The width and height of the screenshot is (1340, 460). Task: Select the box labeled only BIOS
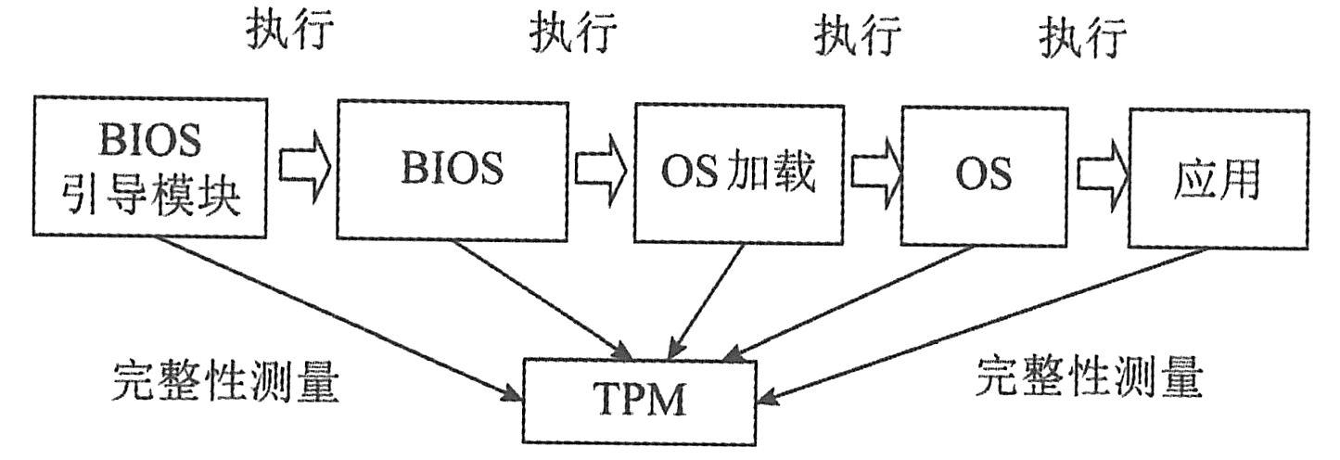point(452,168)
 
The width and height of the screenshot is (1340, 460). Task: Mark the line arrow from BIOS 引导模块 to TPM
point(334,316)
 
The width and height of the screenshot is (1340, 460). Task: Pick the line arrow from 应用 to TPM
point(964,326)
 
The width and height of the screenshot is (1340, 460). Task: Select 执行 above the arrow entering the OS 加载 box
point(573,34)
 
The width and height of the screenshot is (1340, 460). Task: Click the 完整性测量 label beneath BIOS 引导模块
point(225,380)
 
